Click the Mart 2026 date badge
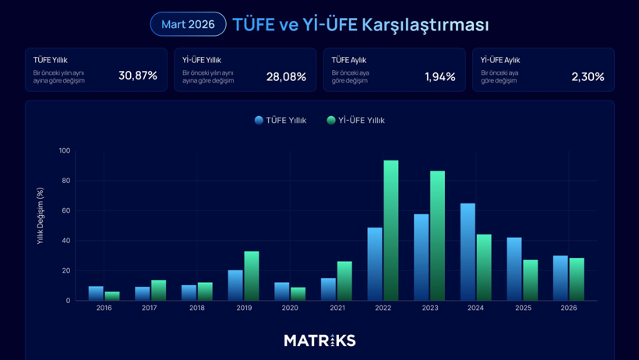(188, 24)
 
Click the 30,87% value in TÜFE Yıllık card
(138, 76)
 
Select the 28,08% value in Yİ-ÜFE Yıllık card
(286, 76)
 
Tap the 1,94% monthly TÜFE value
(440, 76)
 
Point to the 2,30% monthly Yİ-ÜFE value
(588, 76)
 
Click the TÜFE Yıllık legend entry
(281, 120)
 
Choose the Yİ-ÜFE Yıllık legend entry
(356, 120)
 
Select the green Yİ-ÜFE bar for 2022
(390, 230)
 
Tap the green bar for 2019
(251, 275)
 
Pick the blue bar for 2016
(96, 293)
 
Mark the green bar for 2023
(437, 235)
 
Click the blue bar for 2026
(560, 277)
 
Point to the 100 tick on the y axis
(64, 150)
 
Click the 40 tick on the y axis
(65, 241)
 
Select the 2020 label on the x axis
(290, 309)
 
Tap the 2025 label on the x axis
(522, 309)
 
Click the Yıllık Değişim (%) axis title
(41, 216)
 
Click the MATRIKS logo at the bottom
(319, 341)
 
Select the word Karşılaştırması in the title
(425, 24)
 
